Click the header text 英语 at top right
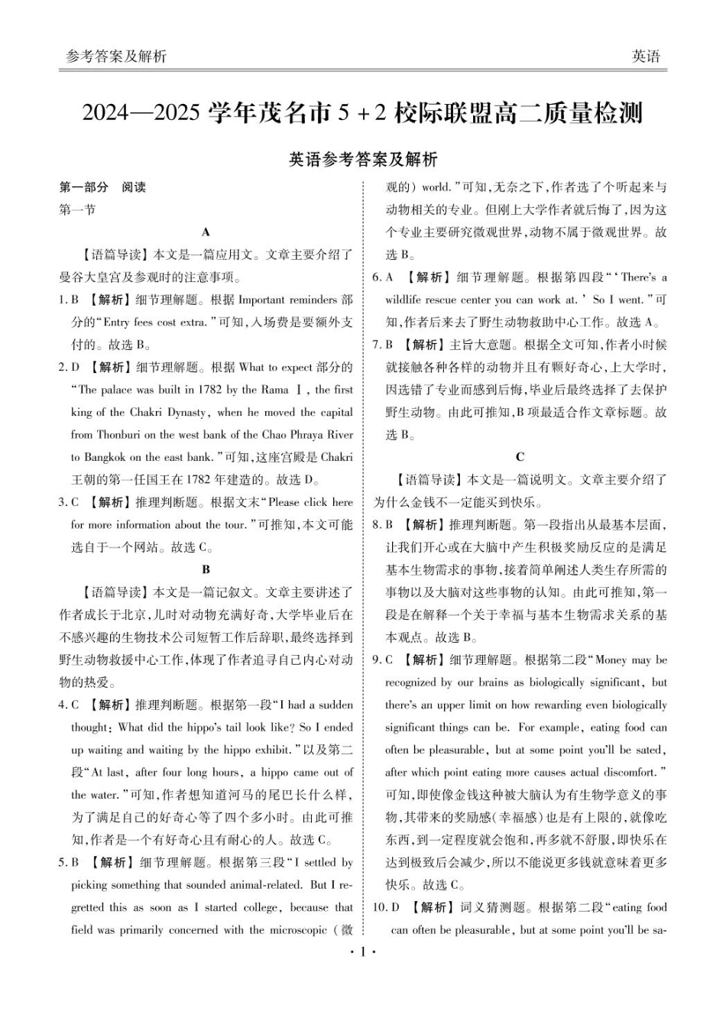click(x=646, y=57)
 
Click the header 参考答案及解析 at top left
click(x=116, y=57)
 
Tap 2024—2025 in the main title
click(x=141, y=114)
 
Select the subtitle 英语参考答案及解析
click(x=363, y=159)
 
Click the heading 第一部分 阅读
click(x=102, y=187)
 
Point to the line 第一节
click(x=77, y=209)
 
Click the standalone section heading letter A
click(x=206, y=232)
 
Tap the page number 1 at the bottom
click(x=363, y=952)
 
